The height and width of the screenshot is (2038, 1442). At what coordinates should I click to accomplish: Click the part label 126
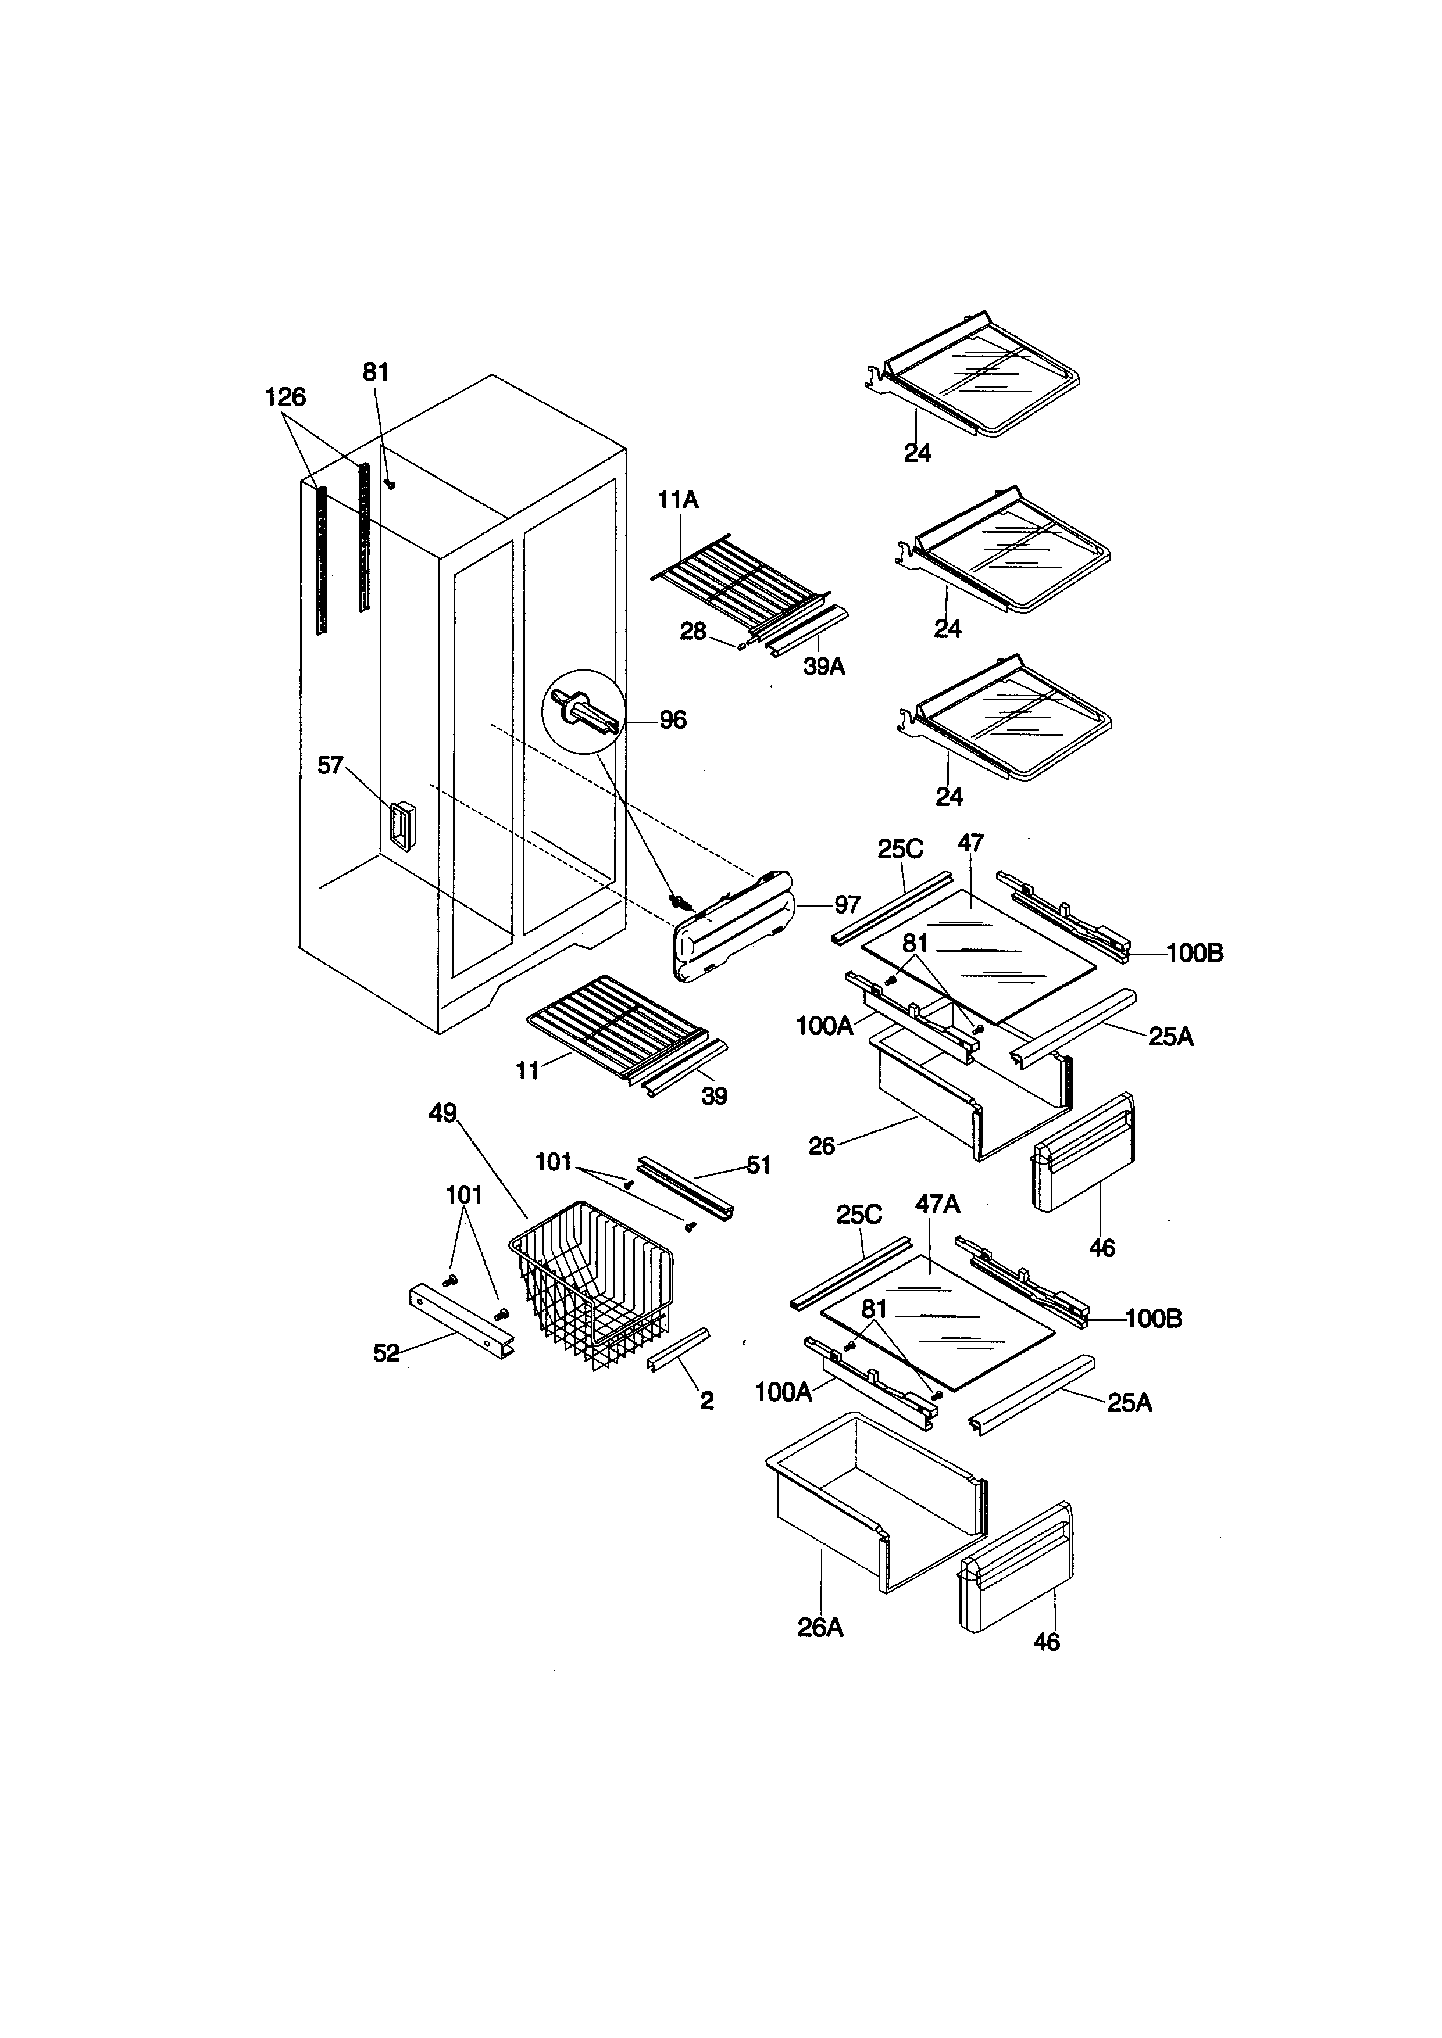click(x=285, y=397)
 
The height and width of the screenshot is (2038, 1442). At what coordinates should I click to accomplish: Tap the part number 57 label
click(x=330, y=765)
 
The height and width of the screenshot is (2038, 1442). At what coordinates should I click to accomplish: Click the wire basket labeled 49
click(x=592, y=1284)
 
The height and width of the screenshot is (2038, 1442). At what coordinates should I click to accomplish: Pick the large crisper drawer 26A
click(x=875, y=1502)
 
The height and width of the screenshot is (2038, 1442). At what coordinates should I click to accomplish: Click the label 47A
click(x=938, y=1205)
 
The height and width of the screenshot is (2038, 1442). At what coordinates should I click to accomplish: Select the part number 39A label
click(x=824, y=667)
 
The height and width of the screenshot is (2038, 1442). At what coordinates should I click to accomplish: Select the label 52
click(x=386, y=1353)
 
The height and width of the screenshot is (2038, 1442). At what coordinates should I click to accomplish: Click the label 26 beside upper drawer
click(x=822, y=1146)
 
